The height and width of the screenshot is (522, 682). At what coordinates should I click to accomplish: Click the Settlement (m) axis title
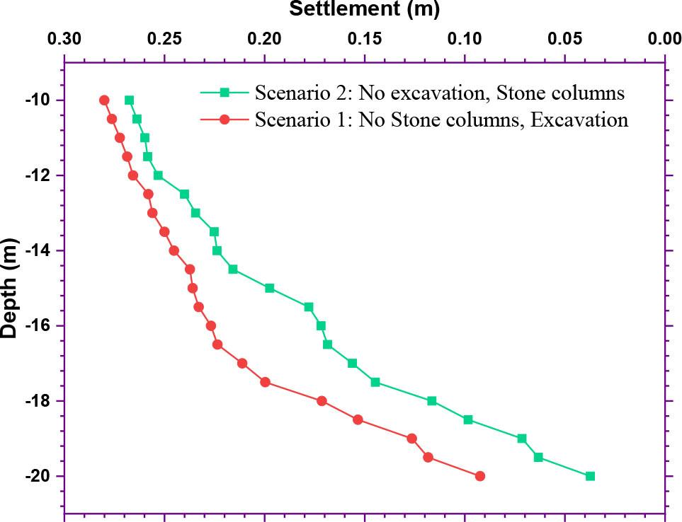[x=364, y=9]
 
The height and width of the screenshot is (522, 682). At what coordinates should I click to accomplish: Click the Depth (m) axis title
[x=9, y=287]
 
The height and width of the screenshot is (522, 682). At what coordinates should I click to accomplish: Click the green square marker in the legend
[x=225, y=92]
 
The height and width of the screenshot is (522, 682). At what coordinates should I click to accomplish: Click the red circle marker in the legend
[x=225, y=120]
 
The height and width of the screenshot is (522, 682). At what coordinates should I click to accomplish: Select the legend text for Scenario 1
[x=441, y=120]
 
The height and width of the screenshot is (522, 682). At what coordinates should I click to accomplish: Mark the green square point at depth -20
[x=590, y=476]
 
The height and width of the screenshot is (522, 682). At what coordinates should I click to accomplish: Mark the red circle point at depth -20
[x=480, y=476]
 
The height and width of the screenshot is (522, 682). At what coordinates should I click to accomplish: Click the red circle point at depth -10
[x=104, y=100]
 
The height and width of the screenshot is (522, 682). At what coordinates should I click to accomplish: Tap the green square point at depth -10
[x=129, y=100]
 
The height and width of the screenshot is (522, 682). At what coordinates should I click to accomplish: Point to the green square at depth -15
[x=269, y=288]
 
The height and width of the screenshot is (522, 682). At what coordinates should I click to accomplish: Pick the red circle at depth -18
[x=322, y=401]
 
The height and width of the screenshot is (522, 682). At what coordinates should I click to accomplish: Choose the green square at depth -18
[x=432, y=401]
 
